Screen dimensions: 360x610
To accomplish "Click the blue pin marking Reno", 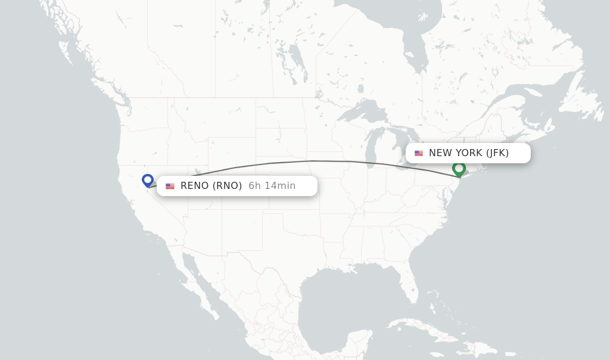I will click(148, 179).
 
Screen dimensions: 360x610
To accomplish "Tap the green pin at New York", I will click(459, 169).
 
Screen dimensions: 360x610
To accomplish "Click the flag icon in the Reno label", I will click(170, 187).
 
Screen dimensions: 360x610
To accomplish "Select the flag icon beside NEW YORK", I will click(419, 153).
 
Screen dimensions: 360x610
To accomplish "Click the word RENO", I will click(194, 186).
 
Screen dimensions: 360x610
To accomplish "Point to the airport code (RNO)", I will click(228, 186).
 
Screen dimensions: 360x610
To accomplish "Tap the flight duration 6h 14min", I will click(272, 186).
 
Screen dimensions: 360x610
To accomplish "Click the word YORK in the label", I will click(469, 153).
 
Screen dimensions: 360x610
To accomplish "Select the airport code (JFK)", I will click(497, 153).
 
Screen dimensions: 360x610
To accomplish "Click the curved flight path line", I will click(310, 161).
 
